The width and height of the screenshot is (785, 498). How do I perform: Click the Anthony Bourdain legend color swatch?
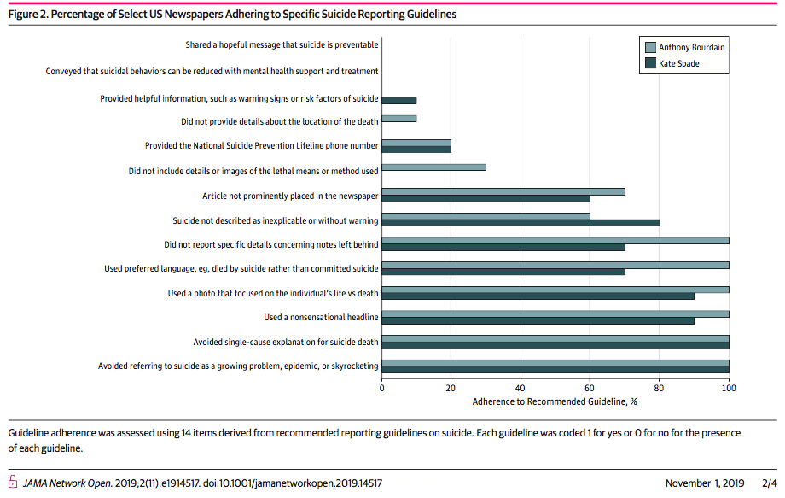650,47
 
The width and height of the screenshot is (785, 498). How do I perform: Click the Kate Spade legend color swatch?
650,63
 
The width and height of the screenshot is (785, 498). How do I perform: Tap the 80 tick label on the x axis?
659,388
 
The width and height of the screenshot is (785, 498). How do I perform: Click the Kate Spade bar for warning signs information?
399,101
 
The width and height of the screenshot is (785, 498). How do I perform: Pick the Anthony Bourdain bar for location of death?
399,119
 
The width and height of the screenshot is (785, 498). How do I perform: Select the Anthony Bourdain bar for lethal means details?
433,167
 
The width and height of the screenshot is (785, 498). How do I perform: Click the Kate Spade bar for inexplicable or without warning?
520,223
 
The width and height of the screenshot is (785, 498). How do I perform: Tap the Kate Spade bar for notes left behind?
503,248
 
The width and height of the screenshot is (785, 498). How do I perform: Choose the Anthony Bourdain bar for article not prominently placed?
503,192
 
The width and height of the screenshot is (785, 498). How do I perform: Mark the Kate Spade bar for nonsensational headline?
538,320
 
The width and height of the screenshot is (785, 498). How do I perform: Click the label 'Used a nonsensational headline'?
321,317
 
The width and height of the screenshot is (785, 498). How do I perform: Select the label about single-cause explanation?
285,343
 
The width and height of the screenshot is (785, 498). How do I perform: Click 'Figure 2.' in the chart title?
28,14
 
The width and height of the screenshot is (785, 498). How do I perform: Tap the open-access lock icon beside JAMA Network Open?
13,482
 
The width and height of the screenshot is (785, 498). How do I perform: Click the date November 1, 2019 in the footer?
705,483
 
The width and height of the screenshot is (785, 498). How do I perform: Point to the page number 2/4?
770,483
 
